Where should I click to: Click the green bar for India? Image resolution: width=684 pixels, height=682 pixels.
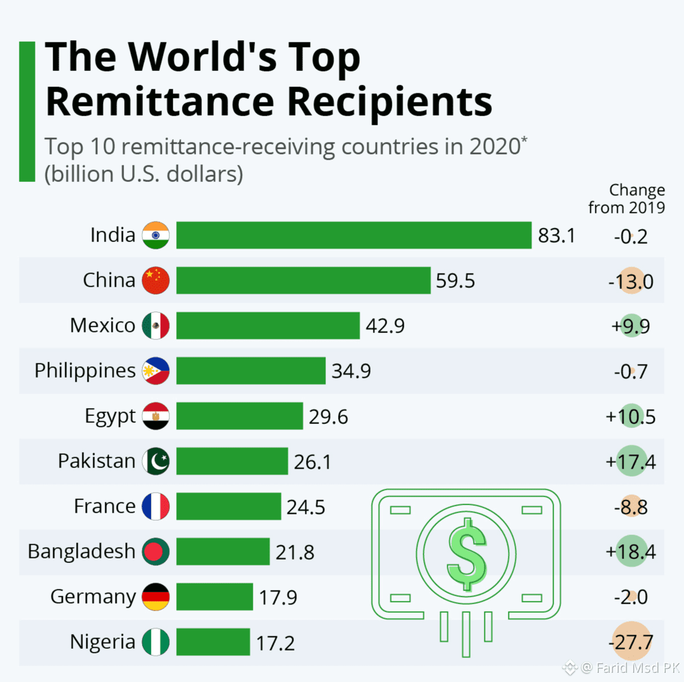click(x=353, y=235)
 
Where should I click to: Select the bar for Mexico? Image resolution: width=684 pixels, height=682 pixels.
click(x=268, y=326)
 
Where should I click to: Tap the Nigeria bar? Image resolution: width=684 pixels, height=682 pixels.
click(x=213, y=642)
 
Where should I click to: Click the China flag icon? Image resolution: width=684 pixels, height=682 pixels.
click(x=156, y=280)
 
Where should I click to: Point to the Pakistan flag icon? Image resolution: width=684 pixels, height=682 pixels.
click(x=156, y=461)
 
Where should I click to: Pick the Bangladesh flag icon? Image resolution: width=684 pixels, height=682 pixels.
click(x=156, y=552)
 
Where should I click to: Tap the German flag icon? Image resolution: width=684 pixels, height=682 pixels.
click(x=156, y=597)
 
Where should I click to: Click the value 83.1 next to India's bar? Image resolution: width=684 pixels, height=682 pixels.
click(x=556, y=236)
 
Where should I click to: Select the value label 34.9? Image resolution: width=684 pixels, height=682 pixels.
click(x=351, y=371)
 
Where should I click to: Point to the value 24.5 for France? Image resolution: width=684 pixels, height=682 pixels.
click(x=305, y=507)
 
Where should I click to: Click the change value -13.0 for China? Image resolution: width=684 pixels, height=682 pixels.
click(x=631, y=281)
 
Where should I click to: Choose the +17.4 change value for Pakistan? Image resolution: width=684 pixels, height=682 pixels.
click(x=631, y=462)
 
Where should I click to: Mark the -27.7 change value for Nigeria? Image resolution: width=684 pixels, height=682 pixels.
click(x=631, y=643)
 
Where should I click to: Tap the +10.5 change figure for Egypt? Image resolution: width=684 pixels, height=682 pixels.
click(x=631, y=417)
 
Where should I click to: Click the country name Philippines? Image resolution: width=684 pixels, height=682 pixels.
click(x=85, y=371)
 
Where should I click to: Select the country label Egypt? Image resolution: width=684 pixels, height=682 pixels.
click(x=110, y=416)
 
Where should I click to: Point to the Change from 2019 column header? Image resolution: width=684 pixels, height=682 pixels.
click(x=627, y=199)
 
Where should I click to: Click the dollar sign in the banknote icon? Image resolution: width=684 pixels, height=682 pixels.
click(x=467, y=554)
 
